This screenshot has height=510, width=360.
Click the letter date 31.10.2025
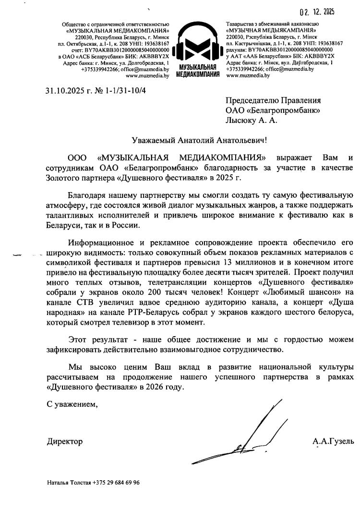coord(63,89)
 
